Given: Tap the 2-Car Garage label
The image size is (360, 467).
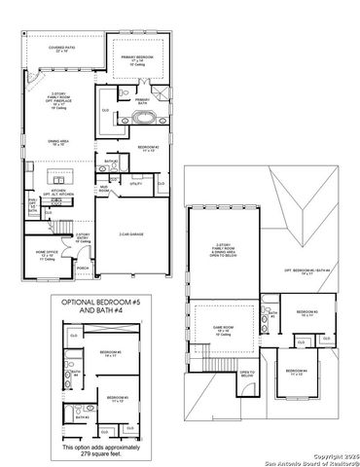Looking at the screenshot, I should [132, 234].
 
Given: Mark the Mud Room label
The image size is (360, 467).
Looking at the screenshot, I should [103, 190].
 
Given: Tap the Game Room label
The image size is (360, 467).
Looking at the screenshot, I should [224, 331].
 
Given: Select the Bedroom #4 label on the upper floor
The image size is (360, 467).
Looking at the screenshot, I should [296, 372].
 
